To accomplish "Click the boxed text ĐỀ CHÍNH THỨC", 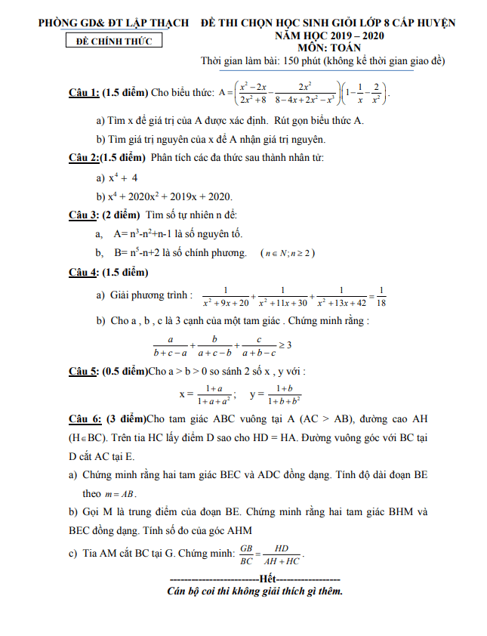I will [x=114, y=41].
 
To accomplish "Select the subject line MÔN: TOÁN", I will [x=329, y=47].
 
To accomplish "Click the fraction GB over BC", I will [x=246, y=554].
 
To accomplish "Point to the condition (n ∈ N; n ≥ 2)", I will [x=288, y=253].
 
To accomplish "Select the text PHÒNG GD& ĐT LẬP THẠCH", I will [x=114, y=23].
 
